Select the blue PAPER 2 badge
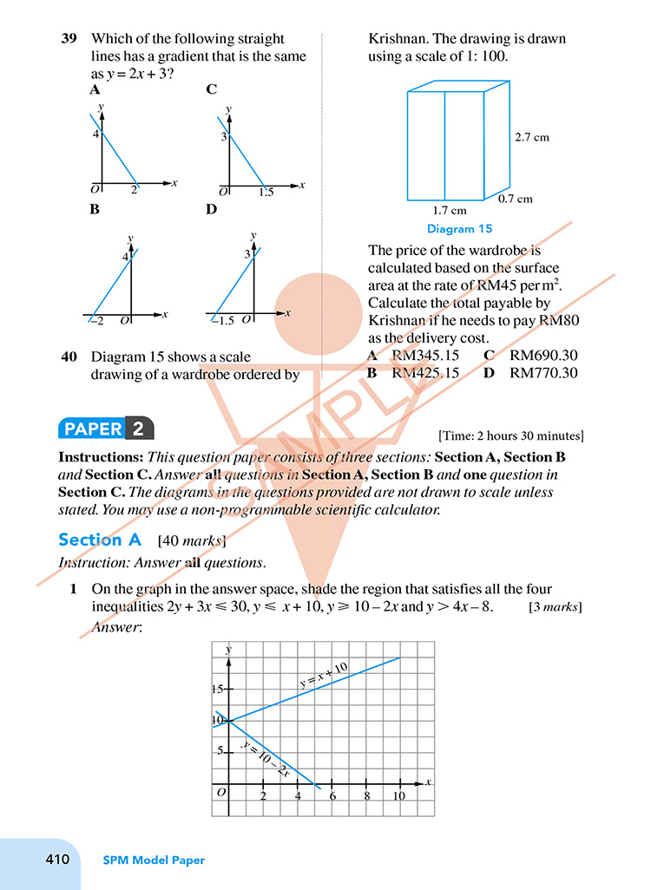pyautogui.click(x=105, y=429)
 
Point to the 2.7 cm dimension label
pyautogui.click(x=532, y=137)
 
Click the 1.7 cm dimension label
pyautogui.click(x=449, y=210)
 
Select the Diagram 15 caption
pyautogui.click(x=459, y=229)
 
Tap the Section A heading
pyautogui.click(x=99, y=540)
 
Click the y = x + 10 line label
pyautogui.click(x=324, y=675)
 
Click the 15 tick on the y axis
pyautogui.click(x=217, y=689)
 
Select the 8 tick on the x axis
pyautogui.click(x=366, y=796)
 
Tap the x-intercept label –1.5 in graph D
pyautogui.click(x=223, y=321)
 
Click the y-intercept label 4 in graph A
pyautogui.click(x=96, y=134)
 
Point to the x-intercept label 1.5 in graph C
pyautogui.click(x=266, y=193)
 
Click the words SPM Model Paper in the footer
pyautogui.click(x=154, y=861)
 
